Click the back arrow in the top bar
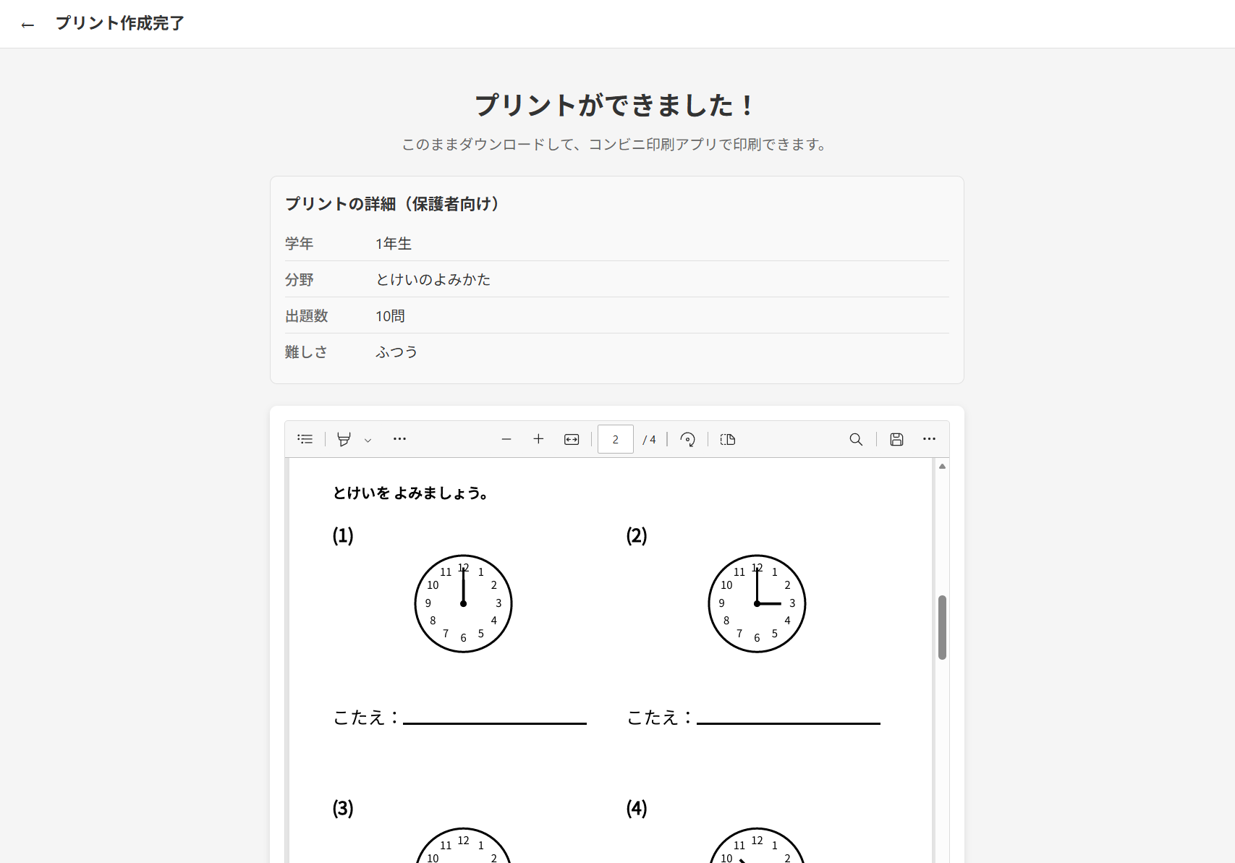coord(27,25)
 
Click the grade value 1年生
coord(393,244)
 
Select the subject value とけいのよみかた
coord(433,280)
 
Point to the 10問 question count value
coord(390,316)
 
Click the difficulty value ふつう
coord(396,352)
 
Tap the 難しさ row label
coord(306,352)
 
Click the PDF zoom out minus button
coord(506,439)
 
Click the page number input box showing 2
coord(615,439)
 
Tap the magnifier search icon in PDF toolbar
coord(856,439)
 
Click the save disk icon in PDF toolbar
coord(896,439)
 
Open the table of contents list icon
coord(305,439)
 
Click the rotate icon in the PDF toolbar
coord(687,439)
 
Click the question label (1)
coord(343,535)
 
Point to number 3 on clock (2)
coord(792,603)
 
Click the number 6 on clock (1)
coord(463,638)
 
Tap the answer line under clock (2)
coord(789,723)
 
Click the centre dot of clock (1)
coord(463,604)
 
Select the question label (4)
coord(636,809)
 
